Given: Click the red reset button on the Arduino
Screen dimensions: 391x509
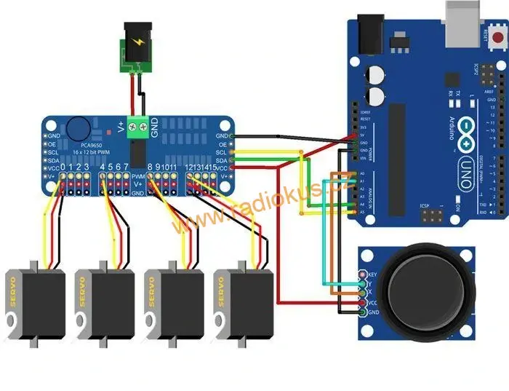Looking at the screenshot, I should click(x=497, y=36).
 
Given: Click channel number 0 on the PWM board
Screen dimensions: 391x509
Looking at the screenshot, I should click(x=63, y=168).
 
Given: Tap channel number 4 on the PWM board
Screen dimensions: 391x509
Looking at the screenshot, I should click(x=103, y=168).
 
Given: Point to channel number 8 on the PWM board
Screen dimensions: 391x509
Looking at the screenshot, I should click(x=151, y=168).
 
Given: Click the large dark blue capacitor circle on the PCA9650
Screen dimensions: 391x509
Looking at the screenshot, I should click(x=75, y=130).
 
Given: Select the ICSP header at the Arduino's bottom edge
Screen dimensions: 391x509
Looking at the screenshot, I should click(x=433, y=217).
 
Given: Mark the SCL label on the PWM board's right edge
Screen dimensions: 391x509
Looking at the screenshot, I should click(x=222, y=151).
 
